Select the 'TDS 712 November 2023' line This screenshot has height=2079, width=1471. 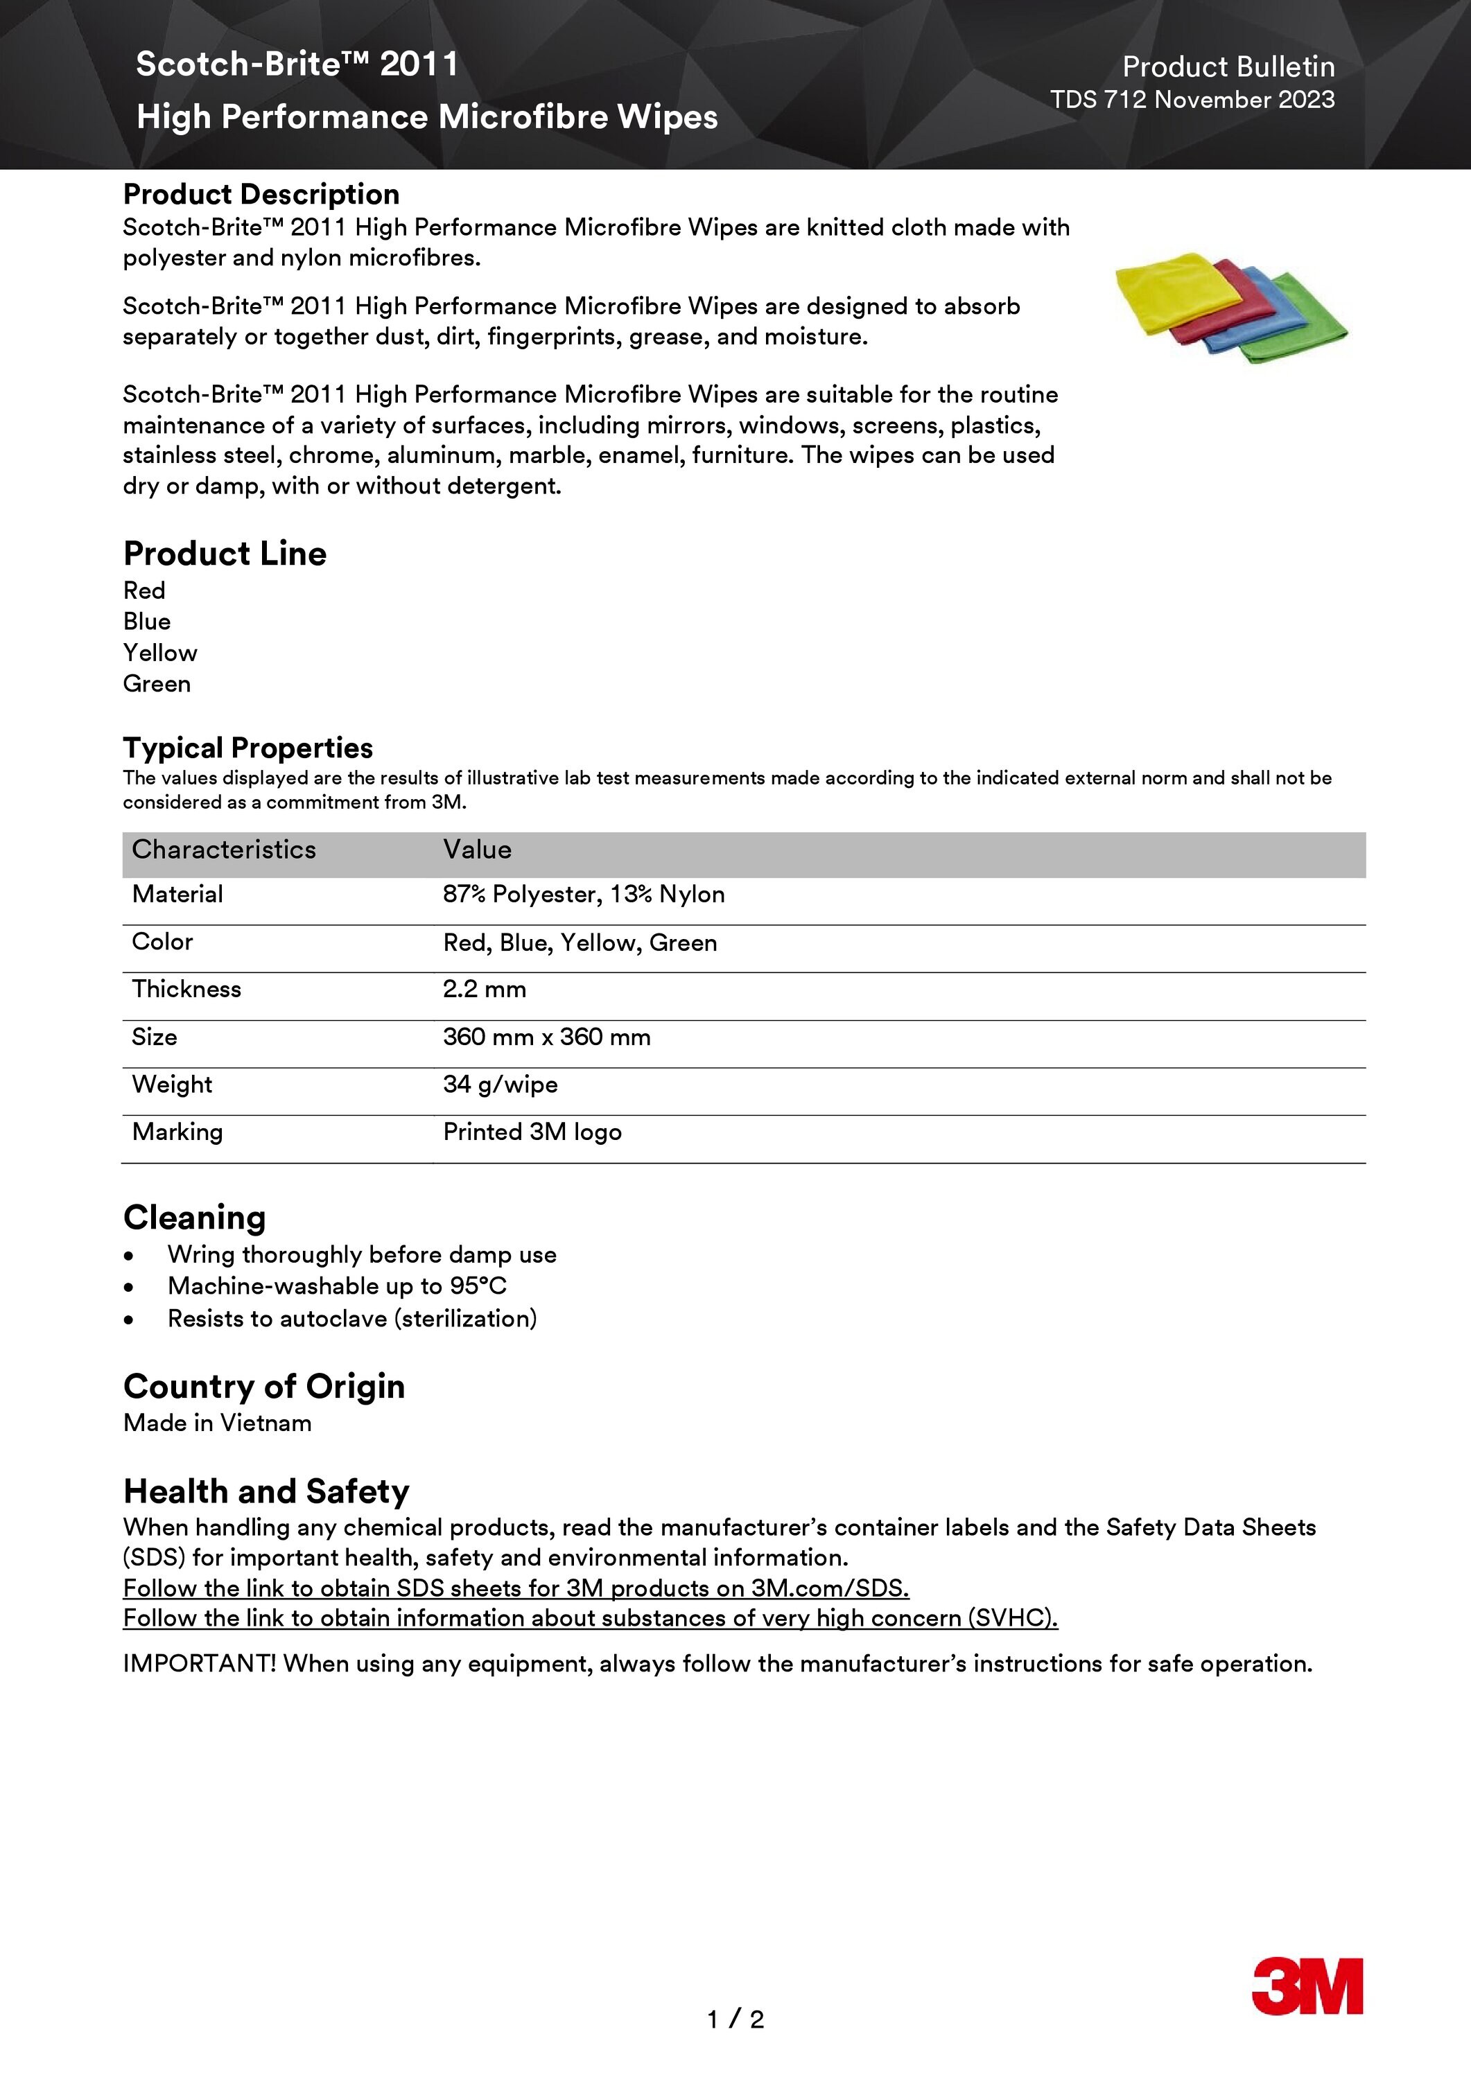(x=1192, y=100)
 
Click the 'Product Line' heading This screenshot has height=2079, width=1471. (x=225, y=553)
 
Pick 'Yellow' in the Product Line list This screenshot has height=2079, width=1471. (x=160, y=653)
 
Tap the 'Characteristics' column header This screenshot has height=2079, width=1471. (x=224, y=850)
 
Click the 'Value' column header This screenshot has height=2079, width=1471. (x=478, y=850)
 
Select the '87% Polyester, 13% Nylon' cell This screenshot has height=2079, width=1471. (x=583, y=895)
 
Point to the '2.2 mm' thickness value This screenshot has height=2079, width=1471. (x=485, y=989)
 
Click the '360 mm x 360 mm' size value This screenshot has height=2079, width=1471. (x=546, y=1037)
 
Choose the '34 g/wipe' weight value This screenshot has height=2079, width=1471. (x=500, y=1085)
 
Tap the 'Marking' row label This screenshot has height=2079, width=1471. (x=177, y=1132)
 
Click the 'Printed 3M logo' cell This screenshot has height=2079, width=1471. (x=532, y=1132)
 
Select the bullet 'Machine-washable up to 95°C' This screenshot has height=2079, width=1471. (x=337, y=1286)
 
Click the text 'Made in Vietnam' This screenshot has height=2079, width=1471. (x=218, y=1423)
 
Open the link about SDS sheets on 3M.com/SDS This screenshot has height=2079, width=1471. (x=515, y=1588)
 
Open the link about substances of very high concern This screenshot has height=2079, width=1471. (x=590, y=1618)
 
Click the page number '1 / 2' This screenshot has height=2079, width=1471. (x=735, y=2019)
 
